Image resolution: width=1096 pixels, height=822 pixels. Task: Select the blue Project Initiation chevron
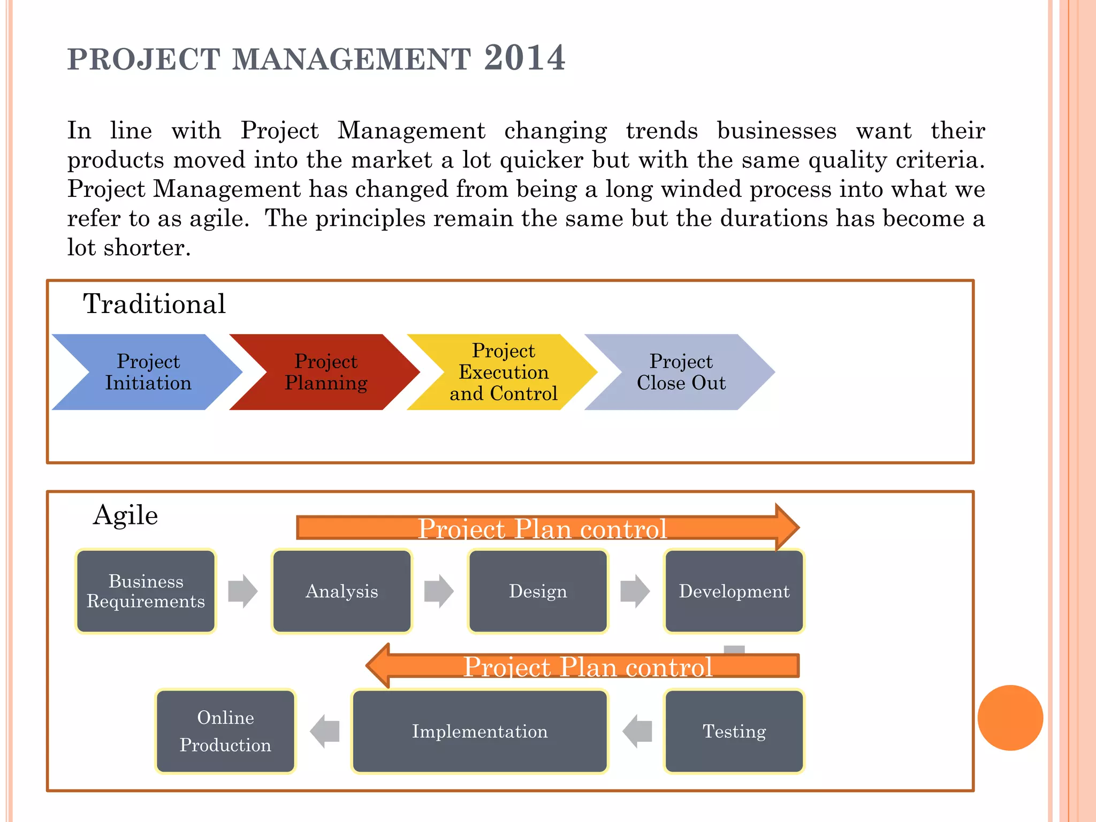pyautogui.click(x=148, y=372)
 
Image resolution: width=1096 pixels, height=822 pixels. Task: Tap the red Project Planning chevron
pyautogui.click(x=326, y=372)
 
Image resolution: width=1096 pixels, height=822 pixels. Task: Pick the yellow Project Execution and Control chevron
pyautogui.click(x=504, y=372)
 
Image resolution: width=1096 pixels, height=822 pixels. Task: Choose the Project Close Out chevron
pyautogui.click(x=681, y=372)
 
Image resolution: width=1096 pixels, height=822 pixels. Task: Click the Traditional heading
pyautogui.click(x=154, y=304)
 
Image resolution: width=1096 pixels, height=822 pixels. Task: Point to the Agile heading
pyautogui.click(x=125, y=515)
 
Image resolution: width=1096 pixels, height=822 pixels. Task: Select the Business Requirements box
pyautogui.click(x=146, y=591)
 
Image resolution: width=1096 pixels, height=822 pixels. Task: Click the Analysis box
pyautogui.click(x=341, y=591)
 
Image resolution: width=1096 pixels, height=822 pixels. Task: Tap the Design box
pyautogui.click(x=538, y=591)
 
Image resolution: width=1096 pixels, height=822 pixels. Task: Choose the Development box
pyautogui.click(x=734, y=591)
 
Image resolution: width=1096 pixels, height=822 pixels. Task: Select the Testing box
pyautogui.click(x=734, y=732)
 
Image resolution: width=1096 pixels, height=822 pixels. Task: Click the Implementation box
pyautogui.click(x=479, y=732)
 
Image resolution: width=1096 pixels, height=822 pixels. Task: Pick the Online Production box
pyautogui.click(x=225, y=732)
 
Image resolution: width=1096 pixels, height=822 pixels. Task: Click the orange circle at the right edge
pyautogui.click(x=1010, y=718)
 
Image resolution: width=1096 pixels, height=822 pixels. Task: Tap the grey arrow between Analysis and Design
pyautogui.click(x=439, y=591)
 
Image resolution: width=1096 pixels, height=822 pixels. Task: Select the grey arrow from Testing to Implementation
pyautogui.click(x=637, y=732)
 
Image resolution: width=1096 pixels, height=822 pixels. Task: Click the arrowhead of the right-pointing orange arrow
pyautogui.click(x=787, y=527)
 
